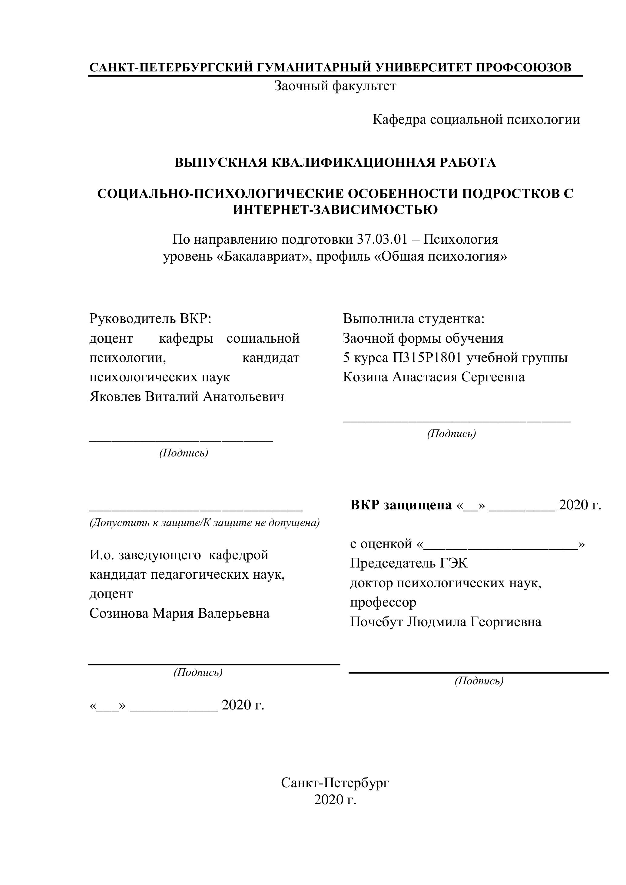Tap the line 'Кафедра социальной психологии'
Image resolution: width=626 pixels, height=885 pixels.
click(476, 120)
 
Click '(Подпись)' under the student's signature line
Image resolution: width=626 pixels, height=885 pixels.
click(451, 434)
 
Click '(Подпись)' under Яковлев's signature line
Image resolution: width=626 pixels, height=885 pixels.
click(184, 453)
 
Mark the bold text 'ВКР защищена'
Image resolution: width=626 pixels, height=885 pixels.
click(401, 505)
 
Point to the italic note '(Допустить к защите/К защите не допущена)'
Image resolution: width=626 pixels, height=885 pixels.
click(204, 523)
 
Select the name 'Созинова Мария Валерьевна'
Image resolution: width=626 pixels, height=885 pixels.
click(179, 613)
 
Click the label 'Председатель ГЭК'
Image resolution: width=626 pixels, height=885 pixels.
click(409, 563)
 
